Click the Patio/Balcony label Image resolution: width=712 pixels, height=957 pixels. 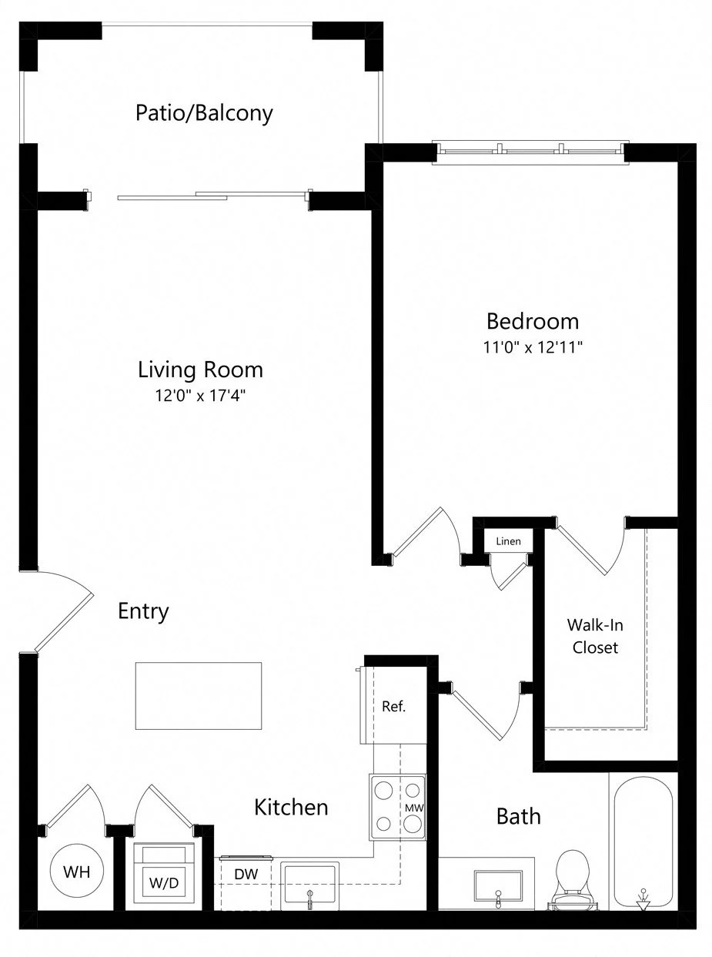[x=204, y=113]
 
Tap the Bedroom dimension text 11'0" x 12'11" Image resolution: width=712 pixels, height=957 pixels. [x=533, y=347]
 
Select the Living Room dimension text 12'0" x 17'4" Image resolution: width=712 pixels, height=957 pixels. [x=200, y=395]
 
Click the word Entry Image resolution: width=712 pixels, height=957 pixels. [x=143, y=612]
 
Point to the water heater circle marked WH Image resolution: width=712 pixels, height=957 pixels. [x=77, y=871]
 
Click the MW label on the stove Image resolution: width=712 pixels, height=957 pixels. [x=414, y=808]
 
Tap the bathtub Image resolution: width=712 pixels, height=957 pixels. [x=643, y=845]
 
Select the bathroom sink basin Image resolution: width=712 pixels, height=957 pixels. [x=498, y=886]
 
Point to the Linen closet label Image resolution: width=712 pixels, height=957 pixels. [x=508, y=541]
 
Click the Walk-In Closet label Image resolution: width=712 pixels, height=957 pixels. [x=595, y=636]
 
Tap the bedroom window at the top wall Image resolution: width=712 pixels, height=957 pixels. [x=531, y=152]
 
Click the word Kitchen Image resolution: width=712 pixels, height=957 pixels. [x=291, y=807]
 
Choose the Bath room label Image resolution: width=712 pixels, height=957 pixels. [x=519, y=816]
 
